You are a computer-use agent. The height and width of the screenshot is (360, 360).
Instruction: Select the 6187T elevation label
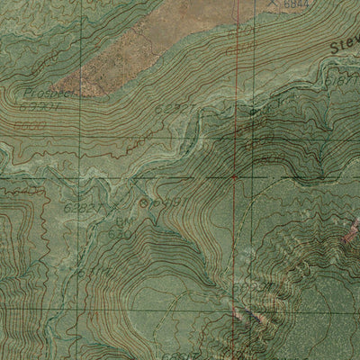pyautogui.click(x=341, y=81)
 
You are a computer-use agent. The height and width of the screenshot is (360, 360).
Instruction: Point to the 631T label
pyautogui.click(x=88, y=273)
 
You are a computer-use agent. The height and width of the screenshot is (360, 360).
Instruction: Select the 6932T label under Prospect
pyautogui.click(x=36, y=108)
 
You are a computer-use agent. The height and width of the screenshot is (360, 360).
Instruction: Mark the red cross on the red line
pyautogui.click(x=234, y=177)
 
